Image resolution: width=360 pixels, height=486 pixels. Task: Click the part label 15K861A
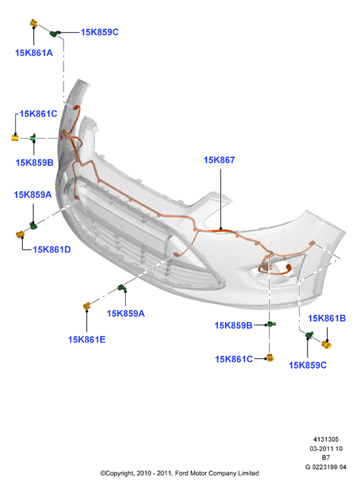pos(34,53)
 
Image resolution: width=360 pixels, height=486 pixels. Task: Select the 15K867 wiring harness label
pos(219,160)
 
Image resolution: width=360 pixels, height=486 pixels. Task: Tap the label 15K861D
pos(52,249)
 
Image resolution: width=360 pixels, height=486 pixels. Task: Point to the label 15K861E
pos(86,340)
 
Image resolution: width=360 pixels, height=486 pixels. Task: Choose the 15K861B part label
pos(326,318)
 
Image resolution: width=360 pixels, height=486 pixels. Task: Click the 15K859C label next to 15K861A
pos(100,32)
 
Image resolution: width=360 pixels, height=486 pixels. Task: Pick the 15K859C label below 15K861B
pos(307,365)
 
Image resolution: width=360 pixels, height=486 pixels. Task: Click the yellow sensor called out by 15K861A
pos(34,23)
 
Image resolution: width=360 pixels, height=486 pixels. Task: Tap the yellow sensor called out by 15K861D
pos(20,235)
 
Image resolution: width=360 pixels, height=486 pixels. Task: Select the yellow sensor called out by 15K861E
pos(87,306)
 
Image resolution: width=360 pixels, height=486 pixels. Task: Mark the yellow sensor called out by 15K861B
pos(326,344)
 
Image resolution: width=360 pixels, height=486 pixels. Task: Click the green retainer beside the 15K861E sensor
pos(122,288)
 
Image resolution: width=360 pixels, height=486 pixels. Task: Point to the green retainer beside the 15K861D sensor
pos(33,225)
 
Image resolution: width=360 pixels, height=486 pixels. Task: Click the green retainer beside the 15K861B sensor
pos(309,335)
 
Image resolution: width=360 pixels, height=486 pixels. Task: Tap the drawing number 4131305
pos(326,439)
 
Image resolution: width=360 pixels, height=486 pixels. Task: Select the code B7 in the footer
pos(326,457)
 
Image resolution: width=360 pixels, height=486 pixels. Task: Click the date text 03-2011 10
pos(326,448)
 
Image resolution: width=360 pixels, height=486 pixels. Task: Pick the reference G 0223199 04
pos(326,467)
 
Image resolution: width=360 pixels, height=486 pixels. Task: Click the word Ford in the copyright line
pos(182,473)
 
